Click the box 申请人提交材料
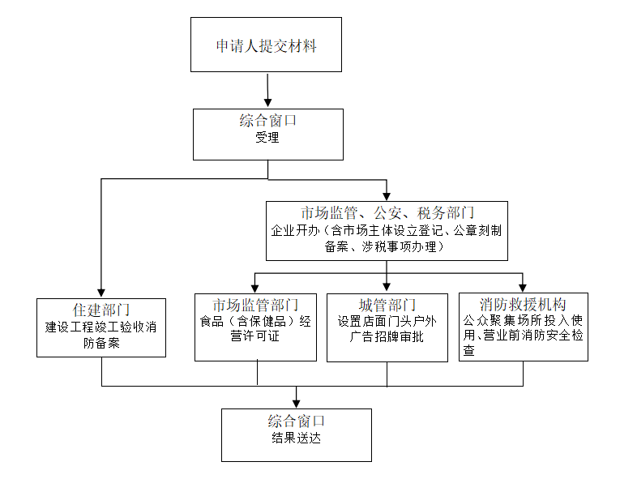tap(266, 45)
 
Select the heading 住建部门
tap(101, 309)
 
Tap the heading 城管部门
tap(387, 305)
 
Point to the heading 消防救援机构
tap(523, 305)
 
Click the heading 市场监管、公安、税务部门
tap(387, 213)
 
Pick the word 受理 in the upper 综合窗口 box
tap(267, 138)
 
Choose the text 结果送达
tap(297, 439)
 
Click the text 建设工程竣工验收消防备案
tap(101, 336)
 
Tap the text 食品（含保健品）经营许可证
tap(255, 328)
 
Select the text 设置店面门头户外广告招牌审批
tap(387, 328)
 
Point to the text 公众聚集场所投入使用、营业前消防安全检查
tap(523, 336)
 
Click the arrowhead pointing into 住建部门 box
tap(101, 293)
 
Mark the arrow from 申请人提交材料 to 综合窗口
tap(267, 90)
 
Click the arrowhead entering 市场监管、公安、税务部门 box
tap(387, 195)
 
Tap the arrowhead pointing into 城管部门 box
tap(387, 287)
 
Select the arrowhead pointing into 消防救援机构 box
tap(523, 287)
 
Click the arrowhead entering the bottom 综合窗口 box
tap(297, 403)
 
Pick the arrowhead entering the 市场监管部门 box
tap(255, 287)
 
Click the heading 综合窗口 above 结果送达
tap(297, 421)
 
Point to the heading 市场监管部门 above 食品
tap(255, 305)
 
